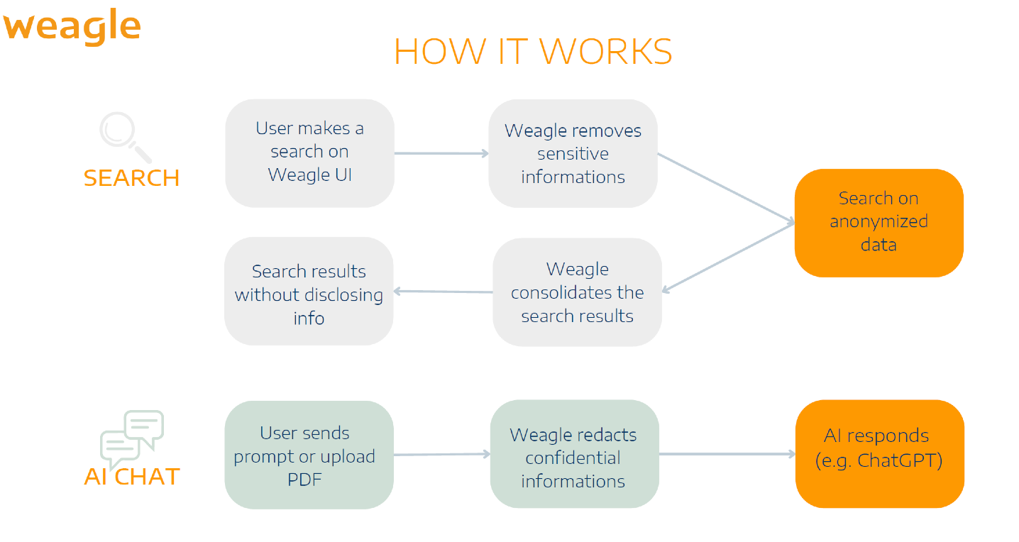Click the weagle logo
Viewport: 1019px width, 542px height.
tap(72, 27)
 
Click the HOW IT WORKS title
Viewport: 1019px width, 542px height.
tap(533, 51)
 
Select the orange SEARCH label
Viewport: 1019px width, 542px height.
tap(131, 178)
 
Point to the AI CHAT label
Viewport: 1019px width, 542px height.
tap(132, 477)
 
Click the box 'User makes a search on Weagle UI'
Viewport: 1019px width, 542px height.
tap(310, 153)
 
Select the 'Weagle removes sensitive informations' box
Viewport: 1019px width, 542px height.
tap(573, 153)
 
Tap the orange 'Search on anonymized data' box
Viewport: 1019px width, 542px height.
tap(879, 223)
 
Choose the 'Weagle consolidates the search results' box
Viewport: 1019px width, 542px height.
tap(578, 292)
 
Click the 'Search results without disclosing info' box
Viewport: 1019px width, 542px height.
tap(309, 291)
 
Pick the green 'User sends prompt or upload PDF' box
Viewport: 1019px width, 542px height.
tap(309, 455)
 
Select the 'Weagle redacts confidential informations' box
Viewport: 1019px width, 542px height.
tap(575, 454)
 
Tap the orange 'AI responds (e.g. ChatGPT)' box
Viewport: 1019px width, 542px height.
tap(880, 454)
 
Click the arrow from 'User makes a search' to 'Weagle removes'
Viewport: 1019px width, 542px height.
tap(441, 153)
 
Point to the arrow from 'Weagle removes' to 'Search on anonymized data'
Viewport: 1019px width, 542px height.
tap(726, 188)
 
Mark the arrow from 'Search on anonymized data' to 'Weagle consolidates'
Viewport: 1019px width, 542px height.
tap(728, 257)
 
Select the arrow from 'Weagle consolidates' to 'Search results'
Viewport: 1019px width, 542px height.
tap(443, 292)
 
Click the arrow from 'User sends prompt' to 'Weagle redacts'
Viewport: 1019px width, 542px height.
tap(442, 454)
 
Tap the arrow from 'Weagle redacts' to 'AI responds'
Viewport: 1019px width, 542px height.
tap(727, 454)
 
